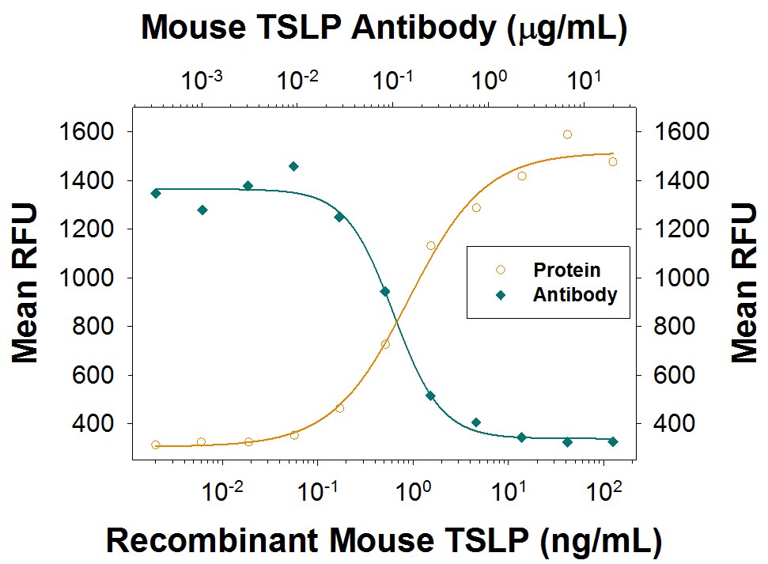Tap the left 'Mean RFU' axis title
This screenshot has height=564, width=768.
click(x=26, y=282)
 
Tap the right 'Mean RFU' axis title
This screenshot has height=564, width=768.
click(x=743, y=282)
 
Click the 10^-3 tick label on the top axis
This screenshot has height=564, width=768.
click(x=202, y=80)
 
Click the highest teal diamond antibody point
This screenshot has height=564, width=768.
click(x=293, y=166)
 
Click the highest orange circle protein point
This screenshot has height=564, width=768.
click(x=567, y=134)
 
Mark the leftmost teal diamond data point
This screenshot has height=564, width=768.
click(x=156, y=193)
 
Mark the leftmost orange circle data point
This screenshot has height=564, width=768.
click(x=156, y=445)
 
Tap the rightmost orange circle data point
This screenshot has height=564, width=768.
click(x=612, y=161)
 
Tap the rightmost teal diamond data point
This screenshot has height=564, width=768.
click(x=612, y=441)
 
